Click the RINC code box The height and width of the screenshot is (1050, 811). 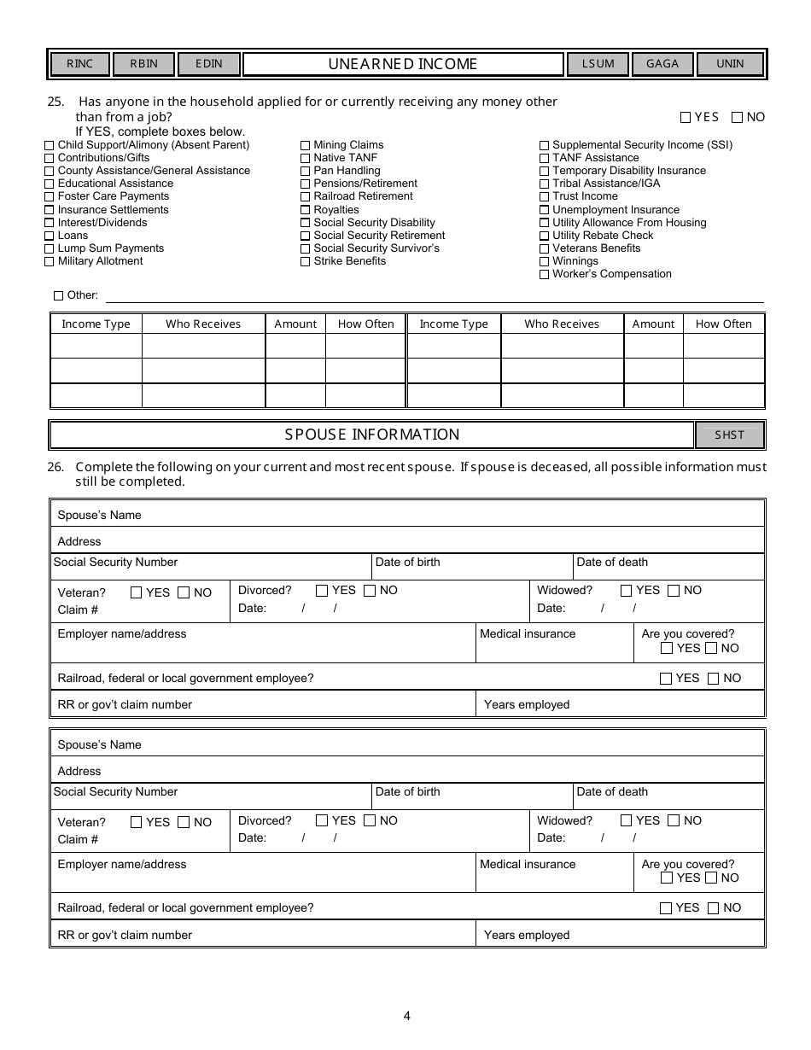79,64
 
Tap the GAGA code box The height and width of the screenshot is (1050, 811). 662,64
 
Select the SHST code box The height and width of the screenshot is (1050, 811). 729,435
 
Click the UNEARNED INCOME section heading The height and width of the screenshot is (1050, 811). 403,64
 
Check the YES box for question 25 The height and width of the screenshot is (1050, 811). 686,118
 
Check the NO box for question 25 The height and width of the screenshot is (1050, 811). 738,118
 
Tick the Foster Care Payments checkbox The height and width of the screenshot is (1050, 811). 49,197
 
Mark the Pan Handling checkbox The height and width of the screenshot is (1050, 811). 305,171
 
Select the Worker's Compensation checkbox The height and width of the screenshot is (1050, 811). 544,275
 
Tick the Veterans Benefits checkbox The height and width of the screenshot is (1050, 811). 544,249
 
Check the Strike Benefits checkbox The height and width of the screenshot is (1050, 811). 305,262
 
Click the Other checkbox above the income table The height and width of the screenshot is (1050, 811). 58,296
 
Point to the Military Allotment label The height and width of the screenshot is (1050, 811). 100,261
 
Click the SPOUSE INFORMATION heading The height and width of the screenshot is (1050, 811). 372,435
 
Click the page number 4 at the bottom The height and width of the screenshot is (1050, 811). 406,1016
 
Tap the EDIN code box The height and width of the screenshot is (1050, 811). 209,64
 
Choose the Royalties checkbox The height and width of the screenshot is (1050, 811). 305,210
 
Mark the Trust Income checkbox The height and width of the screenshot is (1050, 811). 544,197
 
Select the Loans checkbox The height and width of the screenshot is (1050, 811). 49,236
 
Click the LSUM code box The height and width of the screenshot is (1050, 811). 598,64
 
